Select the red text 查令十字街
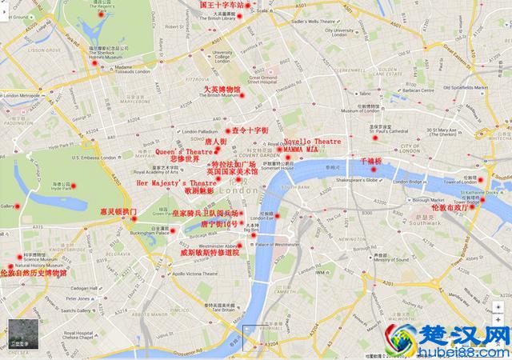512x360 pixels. (x=250, y=130)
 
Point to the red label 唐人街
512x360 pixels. (x=216, y=142)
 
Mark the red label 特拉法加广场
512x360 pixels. (x=233, y=164)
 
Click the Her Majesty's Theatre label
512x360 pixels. (x=177, y=183)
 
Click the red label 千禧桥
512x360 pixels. (x=374, y=161)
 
